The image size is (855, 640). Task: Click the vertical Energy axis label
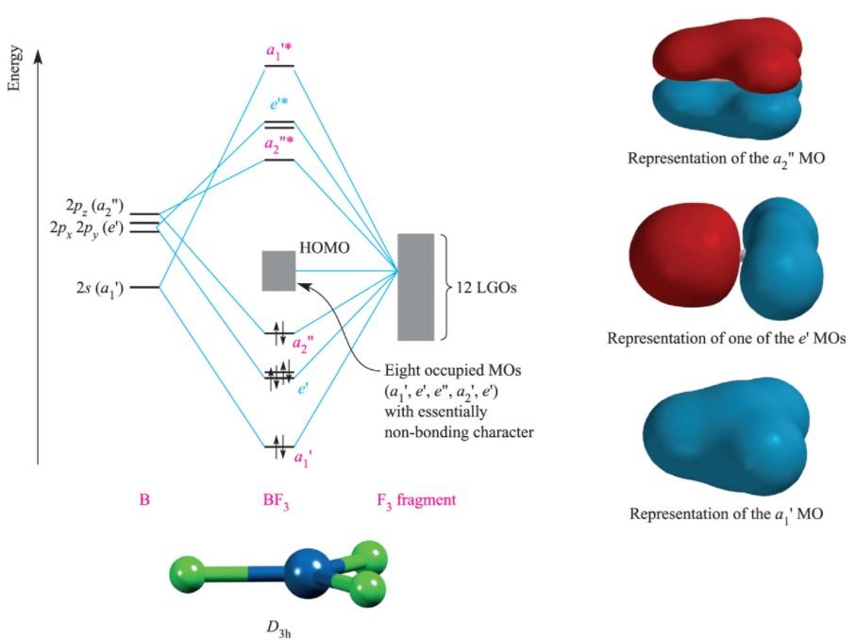(14, 71)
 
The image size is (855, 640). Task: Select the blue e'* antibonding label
(279, 106)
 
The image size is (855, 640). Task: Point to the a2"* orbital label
(280, 144)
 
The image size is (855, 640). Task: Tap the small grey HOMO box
(278, 270)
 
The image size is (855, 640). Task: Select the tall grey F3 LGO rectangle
(416, 285)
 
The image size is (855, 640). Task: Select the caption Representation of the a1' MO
(726, 515)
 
